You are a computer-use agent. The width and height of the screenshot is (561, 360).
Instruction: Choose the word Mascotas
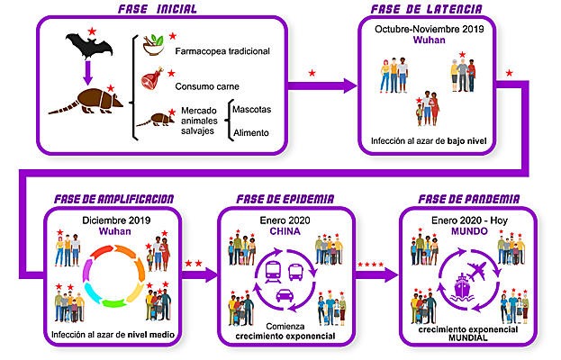[x=251, y=109]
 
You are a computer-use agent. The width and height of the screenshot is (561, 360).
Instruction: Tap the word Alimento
[x=251, y=133]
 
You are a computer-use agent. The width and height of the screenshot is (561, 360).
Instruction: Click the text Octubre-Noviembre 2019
[x=429, y=30]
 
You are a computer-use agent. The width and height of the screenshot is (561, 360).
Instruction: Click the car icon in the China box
[x=283, y=295]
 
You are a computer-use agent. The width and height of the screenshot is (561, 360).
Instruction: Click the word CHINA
[x=284, y=231]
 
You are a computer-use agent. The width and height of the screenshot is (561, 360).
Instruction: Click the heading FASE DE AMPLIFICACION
[x=114, y=198]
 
